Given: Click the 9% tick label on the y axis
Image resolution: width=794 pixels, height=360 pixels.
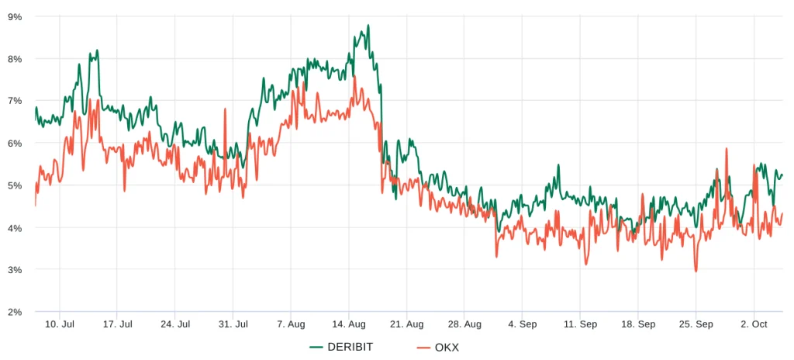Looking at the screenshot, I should [x=15, y=16].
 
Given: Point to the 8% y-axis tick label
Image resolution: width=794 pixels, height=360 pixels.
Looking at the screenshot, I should [x=15, y=59].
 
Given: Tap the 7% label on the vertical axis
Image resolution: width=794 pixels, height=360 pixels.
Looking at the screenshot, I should [x=15, y=101].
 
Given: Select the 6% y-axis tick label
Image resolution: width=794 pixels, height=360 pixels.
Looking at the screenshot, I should [x=15, y=144].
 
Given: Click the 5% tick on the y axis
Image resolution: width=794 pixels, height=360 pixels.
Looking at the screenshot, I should [x=15, y=185].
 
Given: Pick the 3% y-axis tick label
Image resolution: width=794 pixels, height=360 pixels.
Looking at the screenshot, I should [x=15, y=270].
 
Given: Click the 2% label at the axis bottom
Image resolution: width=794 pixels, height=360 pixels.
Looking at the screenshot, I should [x=15, y=312].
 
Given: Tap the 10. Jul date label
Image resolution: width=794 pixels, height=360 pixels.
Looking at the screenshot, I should [x=60, y=324].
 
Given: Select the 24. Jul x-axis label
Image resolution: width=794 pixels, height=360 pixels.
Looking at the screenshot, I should [x=175, y=324].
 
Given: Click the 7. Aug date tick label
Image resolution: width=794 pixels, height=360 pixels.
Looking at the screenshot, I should [x=290, y=324].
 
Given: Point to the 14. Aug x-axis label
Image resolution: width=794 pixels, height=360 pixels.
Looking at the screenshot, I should [x=349, y=324].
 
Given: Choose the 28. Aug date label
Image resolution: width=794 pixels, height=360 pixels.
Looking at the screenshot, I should [x=464, y=324].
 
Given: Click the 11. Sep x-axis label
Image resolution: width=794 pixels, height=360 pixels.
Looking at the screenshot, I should [x=580, y=324].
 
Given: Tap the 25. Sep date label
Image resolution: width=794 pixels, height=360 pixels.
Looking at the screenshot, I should [x=696, y=324].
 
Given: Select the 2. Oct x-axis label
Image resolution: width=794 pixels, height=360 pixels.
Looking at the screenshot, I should [x=754, y=324].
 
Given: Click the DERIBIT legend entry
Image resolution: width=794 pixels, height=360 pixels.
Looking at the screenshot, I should [x=341, y=347].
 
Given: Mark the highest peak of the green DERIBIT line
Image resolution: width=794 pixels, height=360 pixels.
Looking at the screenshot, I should [x=368, y=25].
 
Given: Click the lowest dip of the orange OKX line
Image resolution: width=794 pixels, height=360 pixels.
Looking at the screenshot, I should [x=696, y=271].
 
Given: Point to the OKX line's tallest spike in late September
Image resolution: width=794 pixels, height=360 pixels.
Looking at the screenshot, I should [x=727, y=148].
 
